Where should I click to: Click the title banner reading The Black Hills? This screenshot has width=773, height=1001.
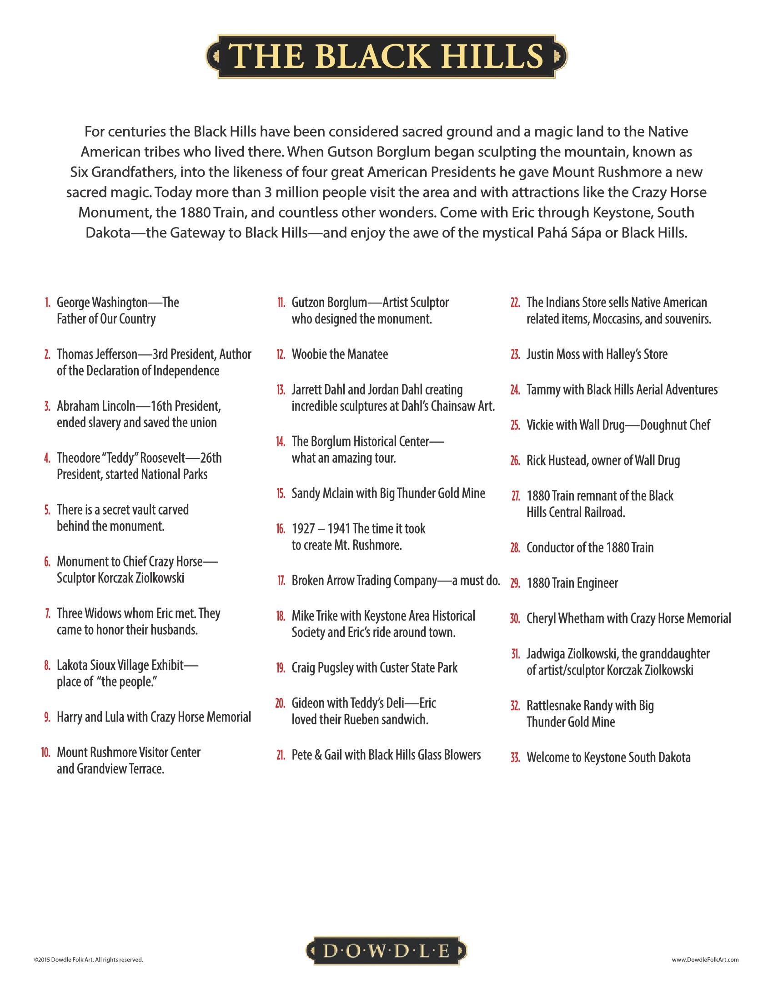tap(386, 56)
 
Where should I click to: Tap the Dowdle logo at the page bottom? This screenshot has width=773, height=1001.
tap(386, 951)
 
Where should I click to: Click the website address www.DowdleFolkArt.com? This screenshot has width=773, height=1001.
tap(705, 959)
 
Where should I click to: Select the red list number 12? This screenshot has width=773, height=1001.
tap(281, 354)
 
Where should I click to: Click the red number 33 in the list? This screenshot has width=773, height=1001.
tap(515, 758)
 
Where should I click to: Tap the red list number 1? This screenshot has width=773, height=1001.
tap(47, 303)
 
